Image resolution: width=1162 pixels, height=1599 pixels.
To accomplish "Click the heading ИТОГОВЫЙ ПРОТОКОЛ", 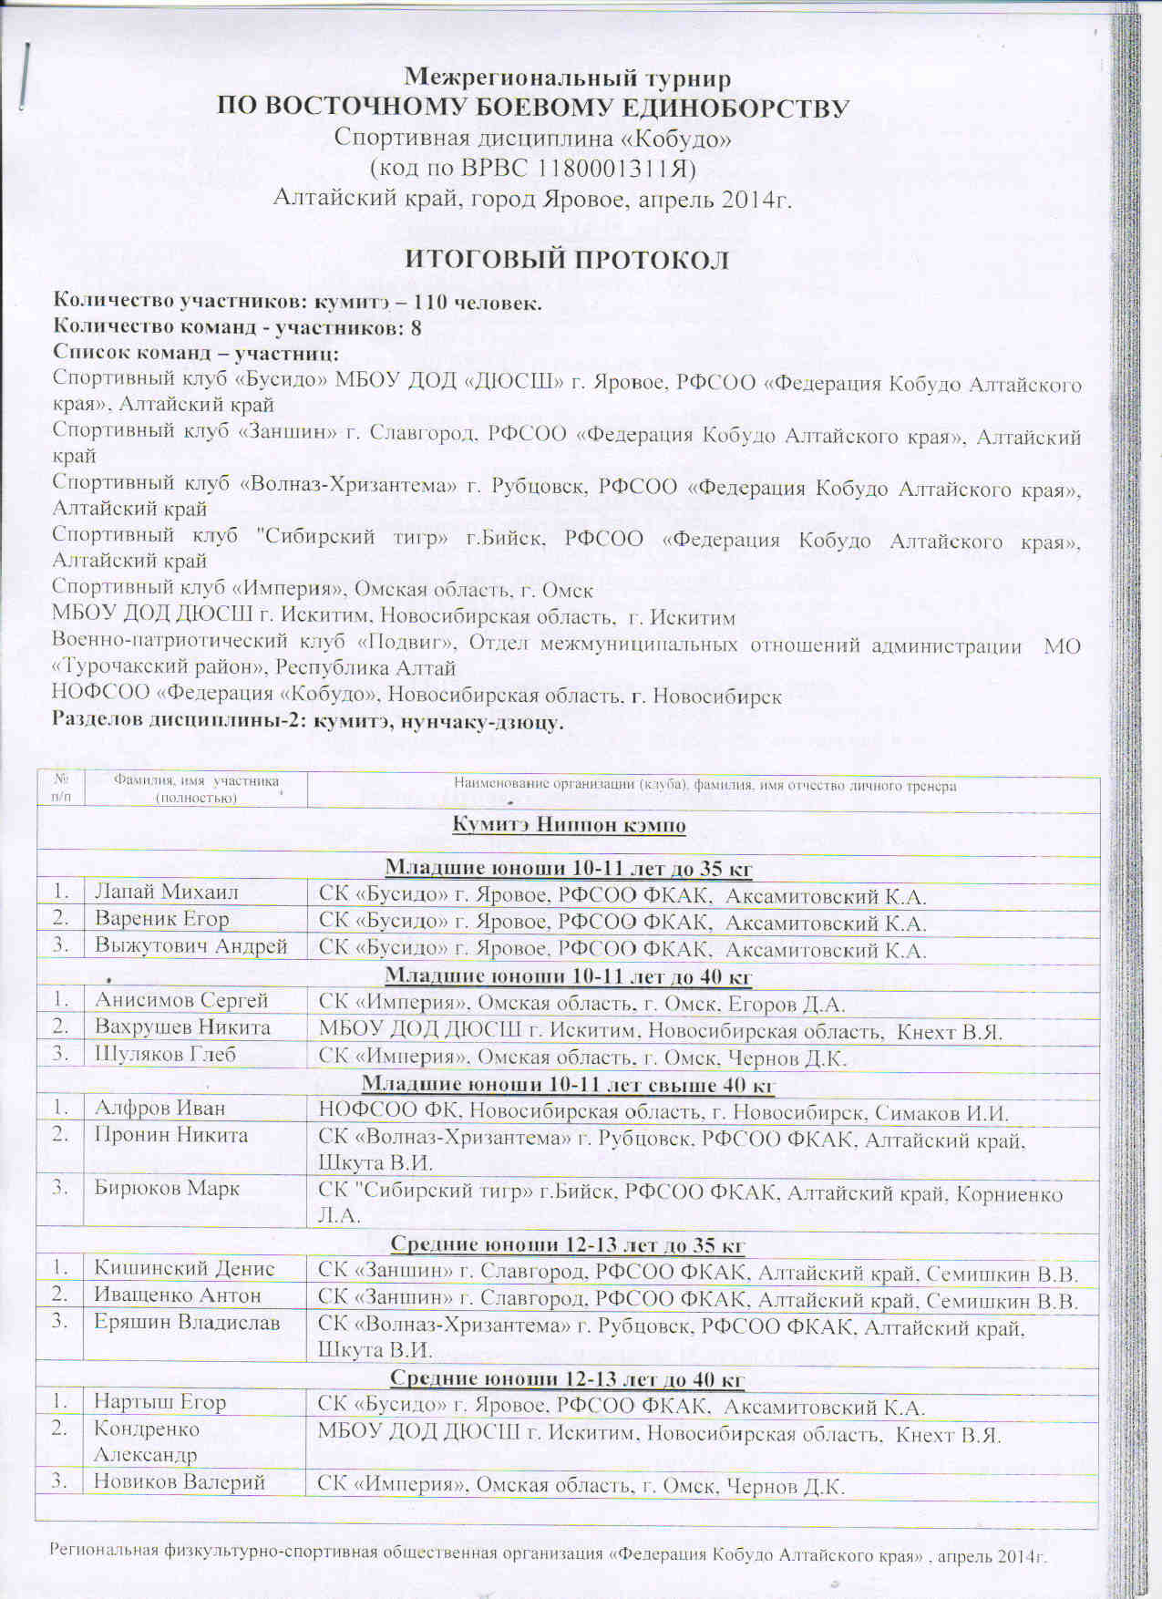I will (567, 260).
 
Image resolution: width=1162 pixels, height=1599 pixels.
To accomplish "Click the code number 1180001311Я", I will (617, 169).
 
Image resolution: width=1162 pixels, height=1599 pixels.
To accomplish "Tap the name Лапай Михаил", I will (167, 892).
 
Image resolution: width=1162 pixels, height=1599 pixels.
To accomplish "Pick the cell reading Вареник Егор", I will (162, 919).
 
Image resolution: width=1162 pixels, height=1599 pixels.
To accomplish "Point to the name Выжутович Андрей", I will (191, 946).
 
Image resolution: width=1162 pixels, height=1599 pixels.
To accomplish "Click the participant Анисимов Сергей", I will (181, 1001).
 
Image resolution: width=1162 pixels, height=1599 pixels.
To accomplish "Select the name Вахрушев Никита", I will (183, 1027).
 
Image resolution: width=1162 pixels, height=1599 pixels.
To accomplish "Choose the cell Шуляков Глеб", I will (166, 1055).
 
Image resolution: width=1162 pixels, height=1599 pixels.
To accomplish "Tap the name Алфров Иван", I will (160, 1109).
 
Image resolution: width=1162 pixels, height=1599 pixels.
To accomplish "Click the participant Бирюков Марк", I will (168, 1189).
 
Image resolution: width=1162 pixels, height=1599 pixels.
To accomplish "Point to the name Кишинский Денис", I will (185, 1268).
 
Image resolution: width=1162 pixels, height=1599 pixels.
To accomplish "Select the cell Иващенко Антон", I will (178, 1295).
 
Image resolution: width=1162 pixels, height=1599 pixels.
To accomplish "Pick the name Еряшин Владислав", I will (187, 1323).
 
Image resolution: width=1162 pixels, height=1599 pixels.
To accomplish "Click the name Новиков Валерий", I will (180, 1482).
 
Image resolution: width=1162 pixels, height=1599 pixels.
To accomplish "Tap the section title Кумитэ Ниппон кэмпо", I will (569, 826).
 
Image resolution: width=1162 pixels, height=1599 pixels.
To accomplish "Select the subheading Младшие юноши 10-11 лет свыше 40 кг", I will (568, 1085).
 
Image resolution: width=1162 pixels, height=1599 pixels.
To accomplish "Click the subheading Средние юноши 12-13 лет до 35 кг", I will (568, 1244).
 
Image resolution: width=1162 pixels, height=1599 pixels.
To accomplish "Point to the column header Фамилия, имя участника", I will (196, 789).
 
